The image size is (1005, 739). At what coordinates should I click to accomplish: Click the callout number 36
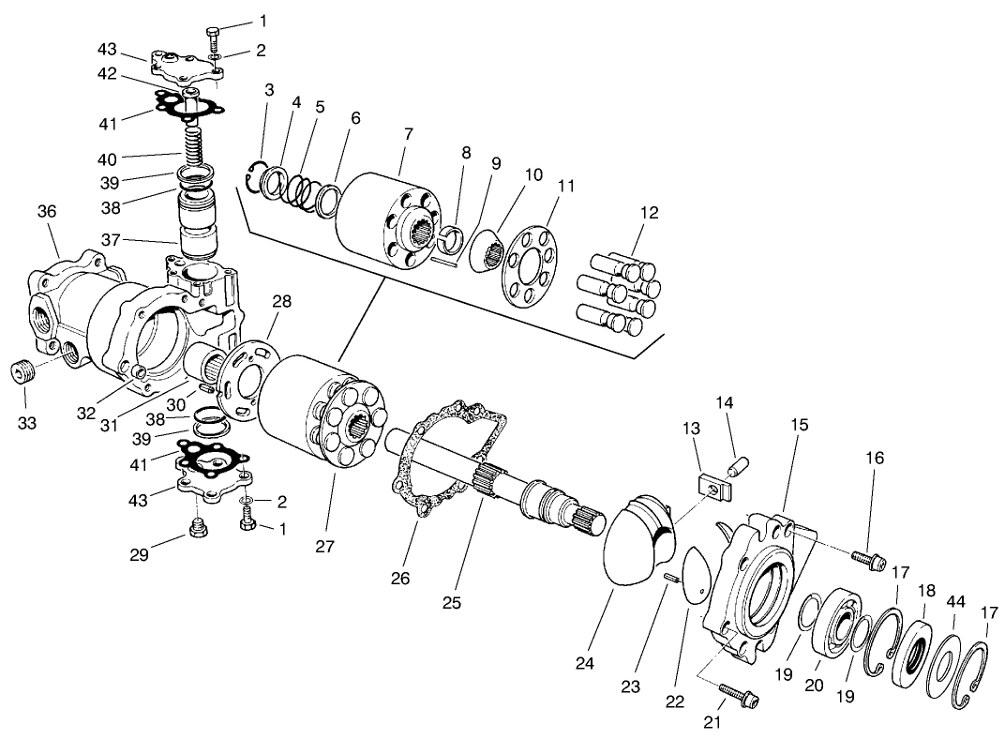click(47, 212)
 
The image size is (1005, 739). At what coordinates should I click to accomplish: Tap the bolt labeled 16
click(870, 560)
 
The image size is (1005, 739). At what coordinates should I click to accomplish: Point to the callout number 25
click(452, 603)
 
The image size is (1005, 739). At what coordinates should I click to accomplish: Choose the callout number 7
click(407, 134)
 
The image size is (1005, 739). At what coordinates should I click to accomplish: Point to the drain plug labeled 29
click(198, 531)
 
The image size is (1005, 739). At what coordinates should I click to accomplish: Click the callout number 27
click(325, 546)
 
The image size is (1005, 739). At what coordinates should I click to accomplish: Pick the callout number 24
click(585, 663)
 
